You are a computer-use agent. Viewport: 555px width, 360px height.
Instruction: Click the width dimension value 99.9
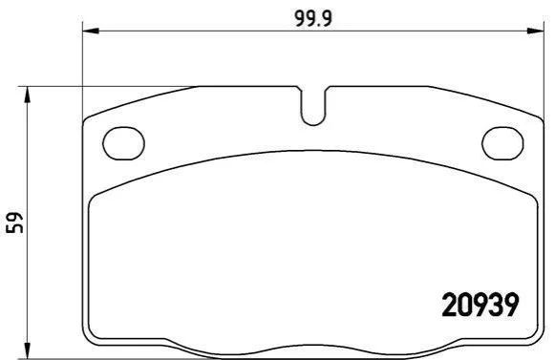(x=313, y=18)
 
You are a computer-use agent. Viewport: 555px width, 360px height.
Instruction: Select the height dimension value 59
(x=15, y=222)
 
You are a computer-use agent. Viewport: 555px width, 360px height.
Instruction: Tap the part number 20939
(x=480, y=306)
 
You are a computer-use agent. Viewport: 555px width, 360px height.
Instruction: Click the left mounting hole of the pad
(x=123, y=143)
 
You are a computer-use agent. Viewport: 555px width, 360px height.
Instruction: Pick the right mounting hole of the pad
(x=502, y=143)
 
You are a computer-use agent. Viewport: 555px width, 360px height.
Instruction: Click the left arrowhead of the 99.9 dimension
(x=90, y=31)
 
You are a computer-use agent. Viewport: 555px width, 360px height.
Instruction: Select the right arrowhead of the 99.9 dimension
(x=535, y=31)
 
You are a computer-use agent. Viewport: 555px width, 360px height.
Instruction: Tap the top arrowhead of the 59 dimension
(x=28, y=95)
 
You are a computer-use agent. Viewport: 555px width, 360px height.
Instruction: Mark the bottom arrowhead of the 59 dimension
(x=28, y=350)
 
